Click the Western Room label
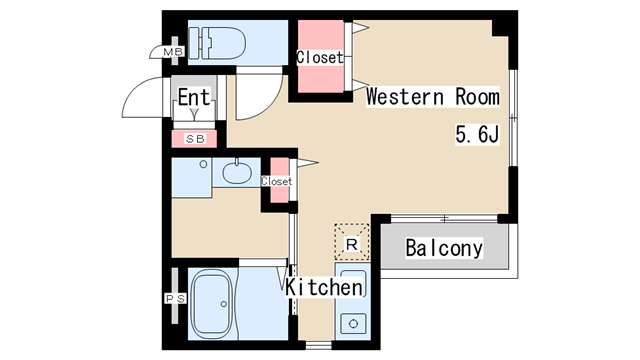[x=433, y=97]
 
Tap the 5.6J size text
[x=477, y=134]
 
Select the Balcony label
[x=444, y=248]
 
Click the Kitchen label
[x=324, y=287]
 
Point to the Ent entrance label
[x=194, y=97]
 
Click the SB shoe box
[x=195, y=139]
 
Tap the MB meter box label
[x=173, y=52]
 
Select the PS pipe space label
[x=176, y=299]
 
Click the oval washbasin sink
[x=237, y=173]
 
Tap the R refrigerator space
[x=352, y=242]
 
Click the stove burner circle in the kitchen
[x=353, y=324]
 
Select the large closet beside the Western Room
[x=320, y=56]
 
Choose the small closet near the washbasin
[x=280, y=180]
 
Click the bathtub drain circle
[x=223, y=304]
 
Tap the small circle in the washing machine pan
[x=203, y=164]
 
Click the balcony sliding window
[x=444, y=218]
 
